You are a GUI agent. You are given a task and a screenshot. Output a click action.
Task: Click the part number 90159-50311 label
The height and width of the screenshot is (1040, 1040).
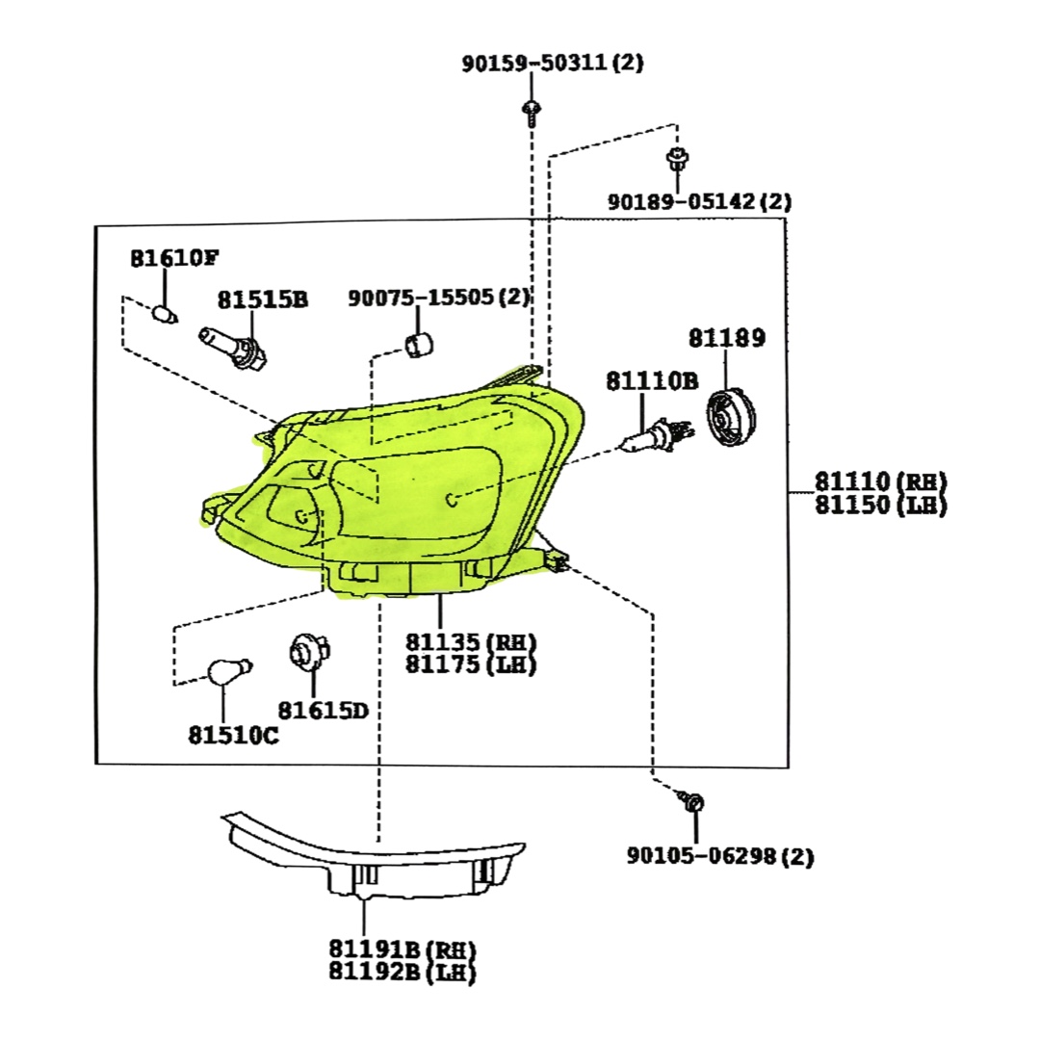552,64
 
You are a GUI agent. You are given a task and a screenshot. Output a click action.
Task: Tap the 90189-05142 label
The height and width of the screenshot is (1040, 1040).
698,202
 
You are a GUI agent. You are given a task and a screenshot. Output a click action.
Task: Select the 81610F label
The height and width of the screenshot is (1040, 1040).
174,258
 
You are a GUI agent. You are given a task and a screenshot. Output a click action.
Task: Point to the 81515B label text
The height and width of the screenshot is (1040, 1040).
262,299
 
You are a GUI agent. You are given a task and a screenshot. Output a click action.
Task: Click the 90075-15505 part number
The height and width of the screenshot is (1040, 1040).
439,298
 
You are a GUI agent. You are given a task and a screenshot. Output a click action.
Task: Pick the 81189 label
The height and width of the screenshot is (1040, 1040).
726,338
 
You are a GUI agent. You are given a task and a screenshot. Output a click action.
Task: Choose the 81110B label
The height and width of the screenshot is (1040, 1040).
651,381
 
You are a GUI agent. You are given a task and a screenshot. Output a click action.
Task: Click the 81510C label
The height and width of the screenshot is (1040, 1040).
233,736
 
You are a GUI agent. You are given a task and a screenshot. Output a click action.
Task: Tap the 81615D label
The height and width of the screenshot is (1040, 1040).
324,711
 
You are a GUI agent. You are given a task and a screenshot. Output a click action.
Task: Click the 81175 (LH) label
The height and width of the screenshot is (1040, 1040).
470,663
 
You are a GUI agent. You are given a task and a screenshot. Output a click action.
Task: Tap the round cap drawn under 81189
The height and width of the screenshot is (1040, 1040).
732,417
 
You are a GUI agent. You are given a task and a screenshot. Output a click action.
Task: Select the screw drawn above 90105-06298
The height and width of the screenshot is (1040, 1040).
693,801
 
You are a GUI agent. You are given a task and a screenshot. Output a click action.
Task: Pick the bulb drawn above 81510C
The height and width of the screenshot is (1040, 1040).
229,671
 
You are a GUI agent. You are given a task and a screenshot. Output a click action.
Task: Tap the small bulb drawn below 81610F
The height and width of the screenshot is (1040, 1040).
166,314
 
